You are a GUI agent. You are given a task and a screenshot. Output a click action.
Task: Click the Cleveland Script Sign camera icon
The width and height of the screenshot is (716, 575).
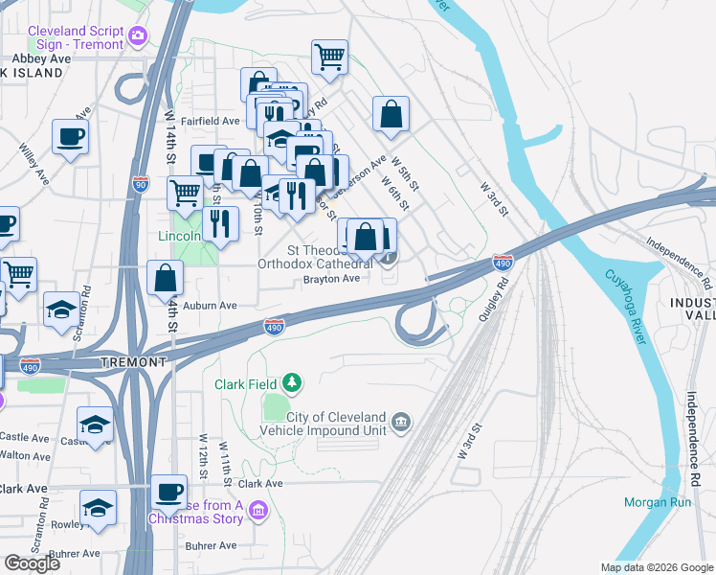139,36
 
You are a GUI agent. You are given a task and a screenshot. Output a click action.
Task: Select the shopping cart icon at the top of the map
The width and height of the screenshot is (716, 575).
329,56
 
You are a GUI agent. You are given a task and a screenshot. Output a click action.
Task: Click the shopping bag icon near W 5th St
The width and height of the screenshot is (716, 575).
392,114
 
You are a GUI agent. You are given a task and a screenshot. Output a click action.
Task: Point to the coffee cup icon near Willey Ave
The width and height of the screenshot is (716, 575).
71,136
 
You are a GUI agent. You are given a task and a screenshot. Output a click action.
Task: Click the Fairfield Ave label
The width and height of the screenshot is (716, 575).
210,122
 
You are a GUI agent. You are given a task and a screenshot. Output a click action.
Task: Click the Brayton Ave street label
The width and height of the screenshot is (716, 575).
330,279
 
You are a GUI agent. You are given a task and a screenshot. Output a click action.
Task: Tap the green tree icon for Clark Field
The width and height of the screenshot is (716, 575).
291,385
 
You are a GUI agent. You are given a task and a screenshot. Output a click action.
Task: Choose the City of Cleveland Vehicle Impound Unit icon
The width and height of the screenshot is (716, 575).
400,422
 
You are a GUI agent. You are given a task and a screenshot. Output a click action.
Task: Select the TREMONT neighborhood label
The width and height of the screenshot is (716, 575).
134,362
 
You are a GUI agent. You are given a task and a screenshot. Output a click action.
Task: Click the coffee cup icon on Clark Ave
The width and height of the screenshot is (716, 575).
169,491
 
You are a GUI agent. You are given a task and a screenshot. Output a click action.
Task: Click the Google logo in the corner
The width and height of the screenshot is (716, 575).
32,563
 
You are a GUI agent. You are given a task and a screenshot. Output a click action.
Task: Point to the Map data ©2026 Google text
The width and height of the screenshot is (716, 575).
656,566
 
